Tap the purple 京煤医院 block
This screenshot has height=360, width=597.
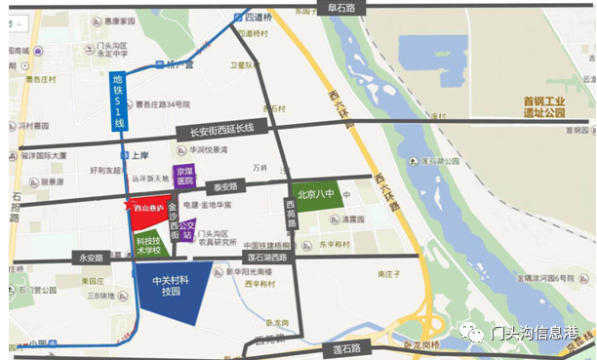point(183,177)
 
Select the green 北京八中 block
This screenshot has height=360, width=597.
point(315,193)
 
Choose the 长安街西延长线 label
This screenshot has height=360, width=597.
point(220,129)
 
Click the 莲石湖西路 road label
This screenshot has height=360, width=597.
point(265,258)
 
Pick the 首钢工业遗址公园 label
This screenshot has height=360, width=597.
point(544,106)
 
